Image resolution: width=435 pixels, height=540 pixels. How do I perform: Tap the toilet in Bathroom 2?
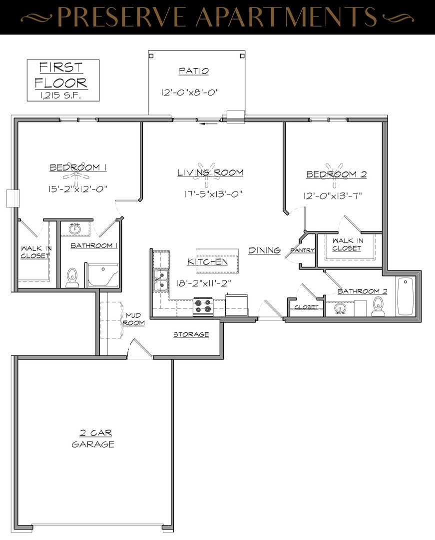(x=378, y=306)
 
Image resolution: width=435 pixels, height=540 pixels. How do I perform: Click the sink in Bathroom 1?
(x=74, y=228)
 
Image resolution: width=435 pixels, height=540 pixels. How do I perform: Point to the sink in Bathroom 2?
(x=340, y=308)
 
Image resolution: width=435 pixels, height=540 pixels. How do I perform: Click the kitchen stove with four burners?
(x=203, y=306)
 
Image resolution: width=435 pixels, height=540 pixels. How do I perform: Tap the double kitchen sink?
(x=161, y=280)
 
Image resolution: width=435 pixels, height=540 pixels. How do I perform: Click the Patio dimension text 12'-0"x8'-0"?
(x=190, y=92)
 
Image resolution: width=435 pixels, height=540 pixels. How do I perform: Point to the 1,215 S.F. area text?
(x=60, y=95)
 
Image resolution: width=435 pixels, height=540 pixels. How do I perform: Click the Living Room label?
(x=210, y=172)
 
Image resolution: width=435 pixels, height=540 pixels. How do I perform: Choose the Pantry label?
(x=303, y=250)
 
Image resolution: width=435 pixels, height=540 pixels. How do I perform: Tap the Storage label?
(x=191, y=334)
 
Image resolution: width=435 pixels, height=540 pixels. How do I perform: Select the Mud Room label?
(x=133, y=319)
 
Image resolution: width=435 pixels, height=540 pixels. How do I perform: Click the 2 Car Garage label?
(x=93, y=438)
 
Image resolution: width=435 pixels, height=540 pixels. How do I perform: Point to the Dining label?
(x=264, y=250)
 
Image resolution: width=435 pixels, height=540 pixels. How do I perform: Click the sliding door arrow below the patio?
(x=209, y=123)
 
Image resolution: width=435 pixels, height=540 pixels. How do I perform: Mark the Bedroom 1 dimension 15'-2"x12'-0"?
(x=78, y=188)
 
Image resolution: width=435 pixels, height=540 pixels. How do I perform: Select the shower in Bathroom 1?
(x=103, y=276)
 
